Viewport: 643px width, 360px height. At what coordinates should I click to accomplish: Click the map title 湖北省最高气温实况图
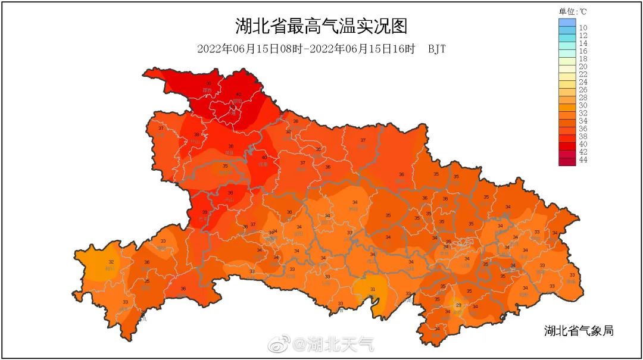[321, 27]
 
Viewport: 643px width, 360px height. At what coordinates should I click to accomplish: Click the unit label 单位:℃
[573, 11]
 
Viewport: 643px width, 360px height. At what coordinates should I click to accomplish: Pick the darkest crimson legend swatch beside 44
[567, 161]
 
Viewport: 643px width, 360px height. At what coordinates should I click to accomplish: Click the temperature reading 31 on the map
[373, 290]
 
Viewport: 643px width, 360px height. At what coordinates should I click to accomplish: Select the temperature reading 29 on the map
[458, 305]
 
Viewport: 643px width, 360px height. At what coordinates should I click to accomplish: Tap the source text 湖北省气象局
[578, 331]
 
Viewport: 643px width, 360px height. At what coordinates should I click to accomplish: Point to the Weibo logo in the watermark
[278, 343]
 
